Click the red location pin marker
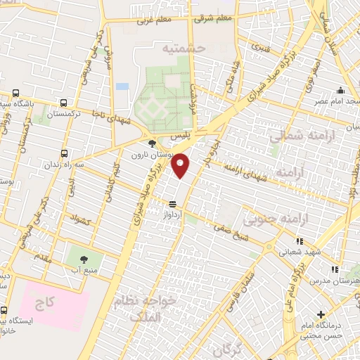(181, 165)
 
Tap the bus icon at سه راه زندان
(65, 153)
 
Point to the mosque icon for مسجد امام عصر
(340, 91)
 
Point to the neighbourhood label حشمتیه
(182, 49)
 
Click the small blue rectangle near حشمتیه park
(122, 86)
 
